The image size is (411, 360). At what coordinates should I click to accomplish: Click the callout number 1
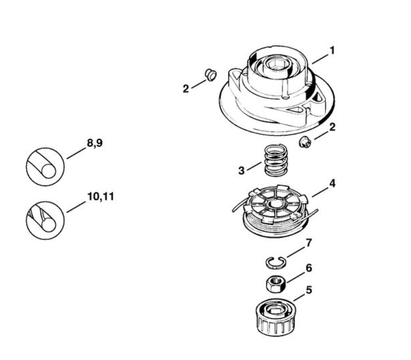[x=332, y=50]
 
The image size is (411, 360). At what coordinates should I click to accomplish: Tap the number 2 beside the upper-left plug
[x=186, y=88]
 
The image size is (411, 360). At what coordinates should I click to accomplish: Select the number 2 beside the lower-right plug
[x=332, y=127]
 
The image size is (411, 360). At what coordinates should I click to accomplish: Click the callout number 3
[x=241, y=170]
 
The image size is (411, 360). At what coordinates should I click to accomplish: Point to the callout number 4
[x=332, y=183]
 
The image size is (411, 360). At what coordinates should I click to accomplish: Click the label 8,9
[x=94, y=144]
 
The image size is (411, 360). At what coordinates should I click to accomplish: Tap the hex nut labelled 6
[x=277, y=282]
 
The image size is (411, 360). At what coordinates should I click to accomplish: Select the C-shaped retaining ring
[x=276, y=262]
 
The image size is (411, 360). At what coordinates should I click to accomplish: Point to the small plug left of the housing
[x=209, y=74]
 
